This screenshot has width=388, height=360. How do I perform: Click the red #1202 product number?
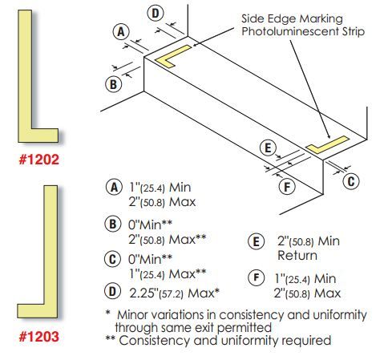tap(39, 160)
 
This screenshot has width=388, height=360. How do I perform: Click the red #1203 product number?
tap(39, 336)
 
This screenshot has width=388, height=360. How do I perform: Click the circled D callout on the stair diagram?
tap(156, 14)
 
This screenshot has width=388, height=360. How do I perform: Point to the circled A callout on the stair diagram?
tap(121, 32)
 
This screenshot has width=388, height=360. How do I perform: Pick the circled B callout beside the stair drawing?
tap(113, 84)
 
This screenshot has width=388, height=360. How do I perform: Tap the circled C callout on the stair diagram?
tap(351, 181)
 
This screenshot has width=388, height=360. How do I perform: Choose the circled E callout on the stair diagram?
tap(268, 148)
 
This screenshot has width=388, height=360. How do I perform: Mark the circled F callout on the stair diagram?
tap(287, 187)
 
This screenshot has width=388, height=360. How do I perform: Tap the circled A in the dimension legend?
tap(114, 187)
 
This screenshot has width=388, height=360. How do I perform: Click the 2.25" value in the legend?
tap(143, 293)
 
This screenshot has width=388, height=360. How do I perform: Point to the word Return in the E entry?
tap(297, 256)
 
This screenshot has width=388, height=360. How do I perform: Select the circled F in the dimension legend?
tap(257, 277)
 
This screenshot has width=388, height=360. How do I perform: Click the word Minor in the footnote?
tap(131, 315)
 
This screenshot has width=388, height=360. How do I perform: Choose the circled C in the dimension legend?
tap(112, 259)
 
